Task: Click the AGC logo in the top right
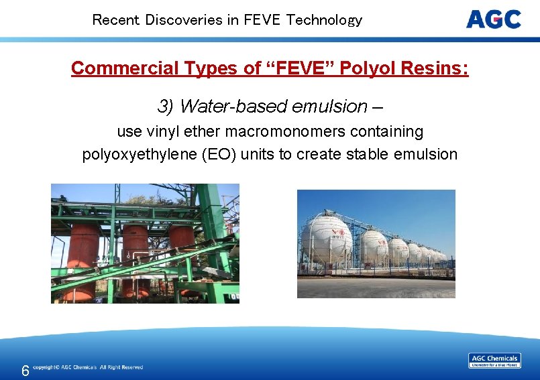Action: tap(493, 19)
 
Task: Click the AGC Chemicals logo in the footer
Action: tap(494, 361)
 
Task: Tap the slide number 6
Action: tap(25, 371)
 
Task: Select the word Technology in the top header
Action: tap(324, 20)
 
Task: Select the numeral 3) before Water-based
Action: tap(166, 107)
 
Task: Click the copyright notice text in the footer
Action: tap(88, 367)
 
